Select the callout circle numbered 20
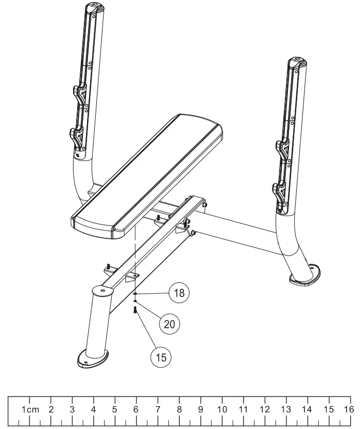click(169, 325)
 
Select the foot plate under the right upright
click(305, 275)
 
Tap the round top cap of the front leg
click(102, 291)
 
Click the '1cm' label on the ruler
click(30, 409)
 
